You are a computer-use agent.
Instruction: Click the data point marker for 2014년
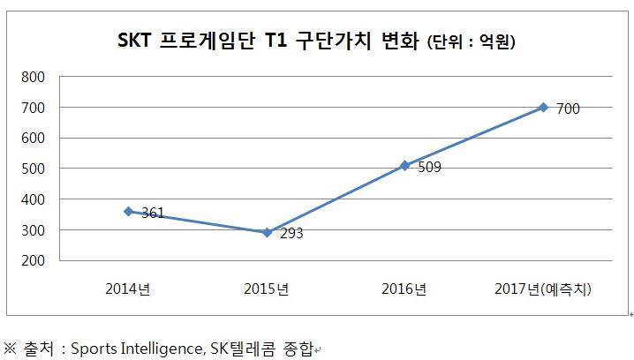point(128,212)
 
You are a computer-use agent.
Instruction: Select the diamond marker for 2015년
point(267,233)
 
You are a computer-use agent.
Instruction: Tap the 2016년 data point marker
point(405,165)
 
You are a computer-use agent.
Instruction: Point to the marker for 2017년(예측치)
point(543,107)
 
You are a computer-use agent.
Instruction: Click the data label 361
point(153,214)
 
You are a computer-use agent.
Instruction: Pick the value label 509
point(429,168)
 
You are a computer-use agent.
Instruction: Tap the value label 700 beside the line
point(568,109)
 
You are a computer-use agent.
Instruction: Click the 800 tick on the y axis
point(34,77)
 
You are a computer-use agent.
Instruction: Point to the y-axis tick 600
point(34,138)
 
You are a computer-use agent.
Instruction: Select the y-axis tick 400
point(34,199)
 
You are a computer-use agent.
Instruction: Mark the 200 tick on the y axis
point(34,260)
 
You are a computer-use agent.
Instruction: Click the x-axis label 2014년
point(128,289)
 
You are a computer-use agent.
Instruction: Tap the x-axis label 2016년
point(405,289)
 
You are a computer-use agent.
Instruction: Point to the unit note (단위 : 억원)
point(471,41)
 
